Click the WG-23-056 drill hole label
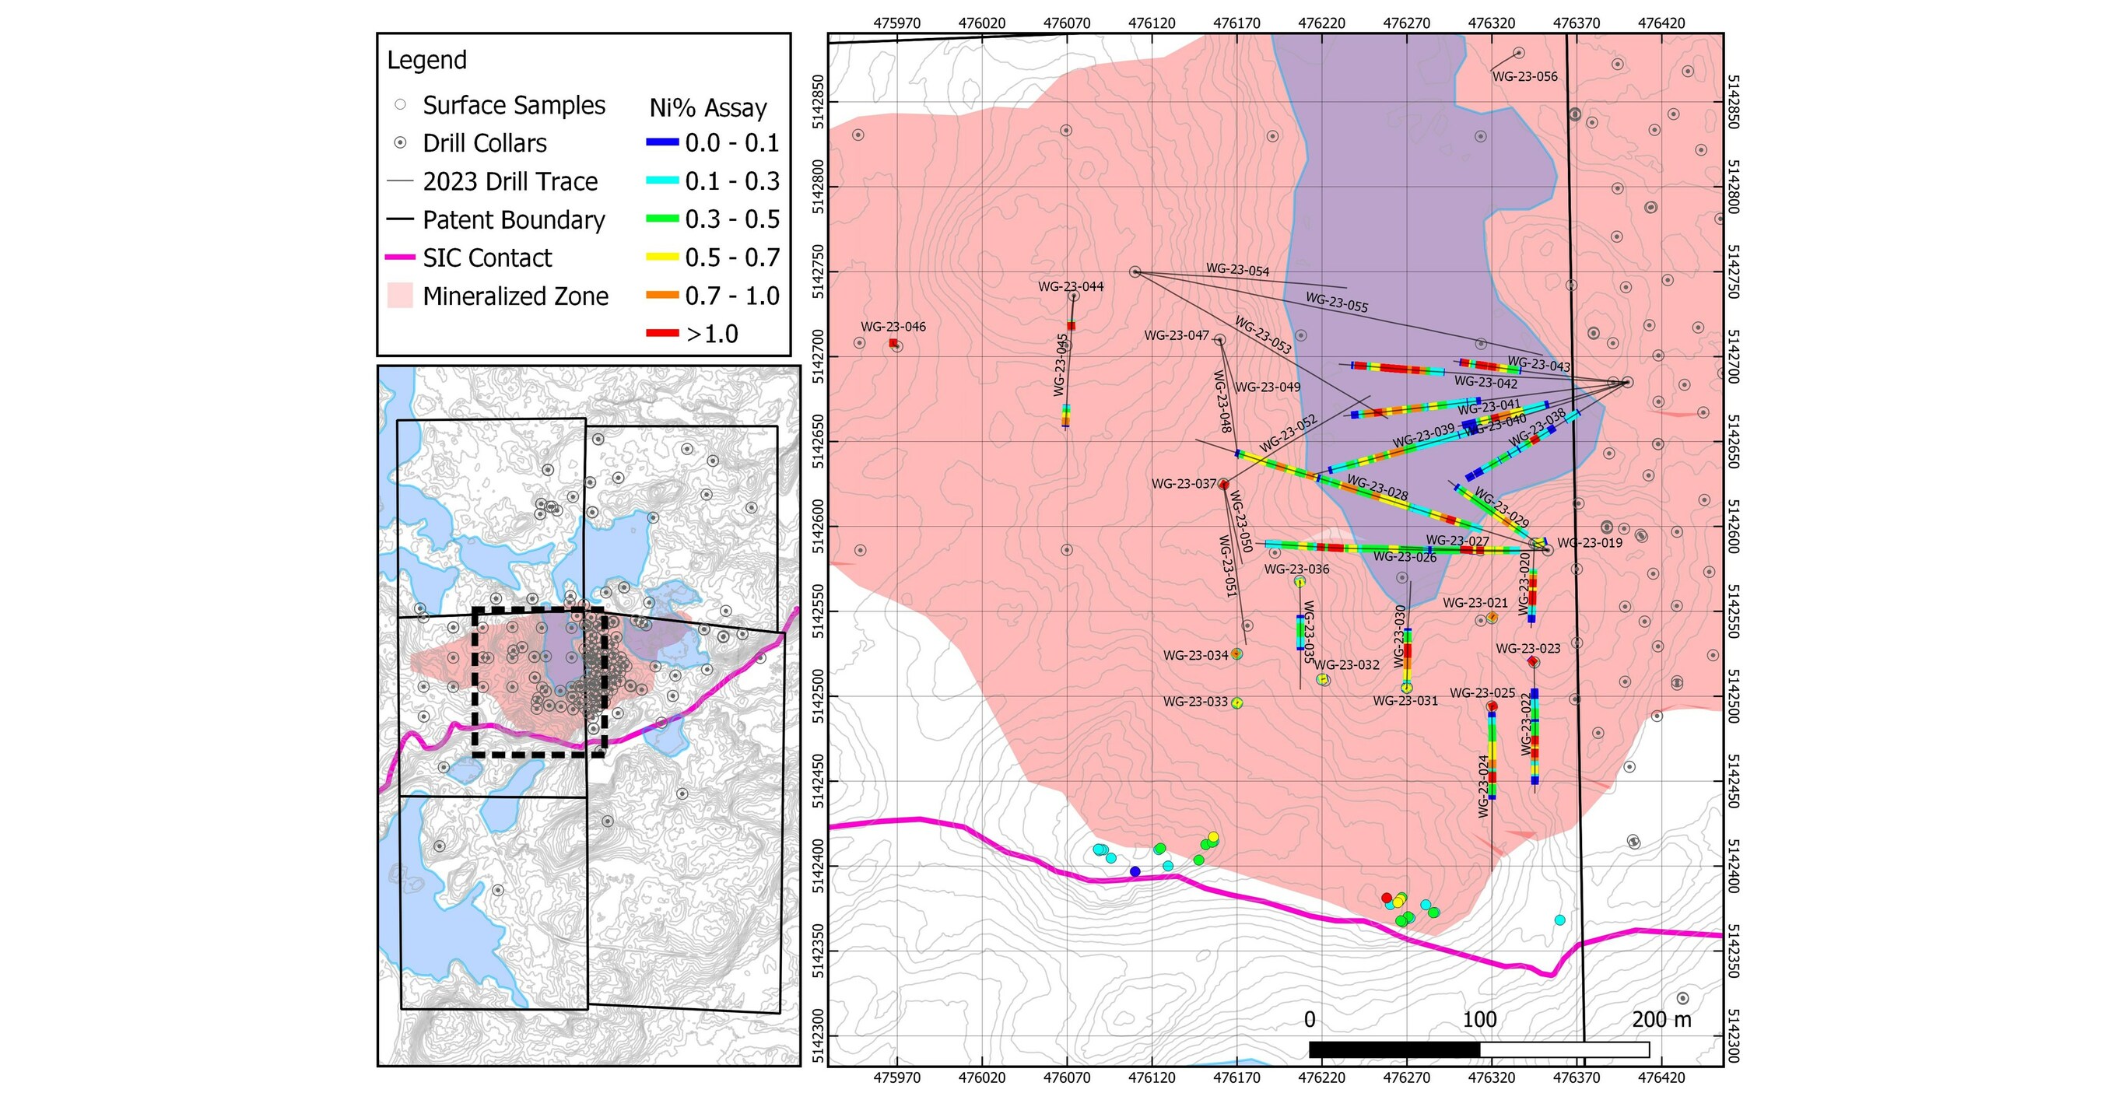pos(1524,77)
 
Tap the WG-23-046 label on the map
pos(893,327)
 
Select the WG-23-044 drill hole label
pos(1070,286)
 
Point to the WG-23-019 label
pos(1590,543)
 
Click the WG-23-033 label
pos(1195,701)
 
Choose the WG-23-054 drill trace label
pos(1237,270)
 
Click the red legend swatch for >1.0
pos(661,334)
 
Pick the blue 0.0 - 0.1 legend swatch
pos(661,142)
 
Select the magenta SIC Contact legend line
pos(400,257)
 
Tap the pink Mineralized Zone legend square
pos(400,295)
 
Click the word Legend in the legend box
pos(426,61)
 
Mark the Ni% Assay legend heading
pos(707,107)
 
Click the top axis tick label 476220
pos(1321,23)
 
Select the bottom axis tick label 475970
pos(896,1077)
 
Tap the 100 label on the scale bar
pos(1478,1019)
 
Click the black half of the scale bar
pos(1394,1049)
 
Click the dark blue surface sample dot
pos(1135,871)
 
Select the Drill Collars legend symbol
pos(400,142)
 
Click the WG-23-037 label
pos(1184,484)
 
